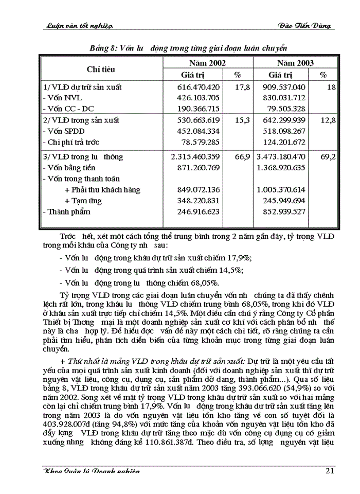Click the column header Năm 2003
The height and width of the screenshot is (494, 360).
tap(295, 63)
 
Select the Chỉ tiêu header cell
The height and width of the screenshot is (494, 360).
tap(101, 69)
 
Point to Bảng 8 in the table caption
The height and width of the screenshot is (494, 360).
tap(102, 47)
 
